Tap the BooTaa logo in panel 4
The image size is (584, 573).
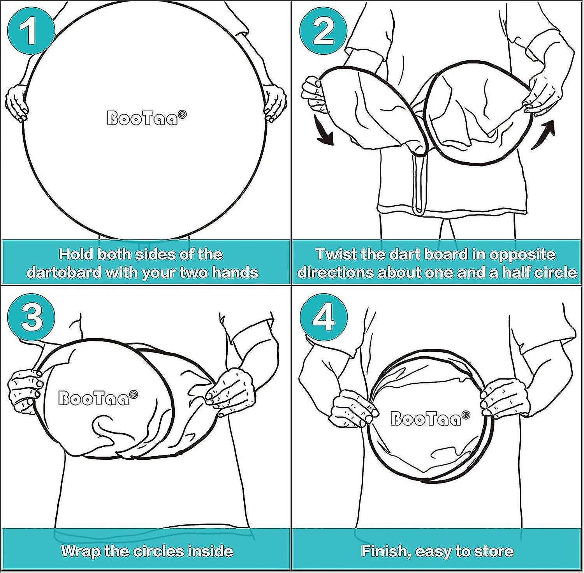430,418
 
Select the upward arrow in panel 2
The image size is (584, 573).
544,135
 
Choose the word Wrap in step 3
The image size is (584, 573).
82,551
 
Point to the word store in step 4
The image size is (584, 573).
494,551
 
